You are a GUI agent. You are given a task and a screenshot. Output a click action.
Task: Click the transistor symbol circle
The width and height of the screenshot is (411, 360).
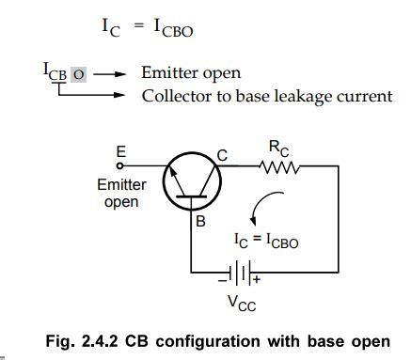coord(193,182)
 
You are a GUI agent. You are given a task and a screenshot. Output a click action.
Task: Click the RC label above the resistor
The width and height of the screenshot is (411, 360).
coord(279,149)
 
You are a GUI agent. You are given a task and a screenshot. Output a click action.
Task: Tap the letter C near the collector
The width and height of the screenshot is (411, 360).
coord(223,156)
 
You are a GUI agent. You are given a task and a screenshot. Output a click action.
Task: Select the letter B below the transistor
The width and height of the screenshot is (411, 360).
coord(200,223)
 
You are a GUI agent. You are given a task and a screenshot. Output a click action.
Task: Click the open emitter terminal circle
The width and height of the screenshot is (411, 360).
coord(119,165)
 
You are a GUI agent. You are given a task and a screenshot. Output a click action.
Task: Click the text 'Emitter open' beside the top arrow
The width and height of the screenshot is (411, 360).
coord(190,72)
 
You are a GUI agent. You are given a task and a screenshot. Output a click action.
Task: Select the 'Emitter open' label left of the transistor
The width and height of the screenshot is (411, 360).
coord(120,194)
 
